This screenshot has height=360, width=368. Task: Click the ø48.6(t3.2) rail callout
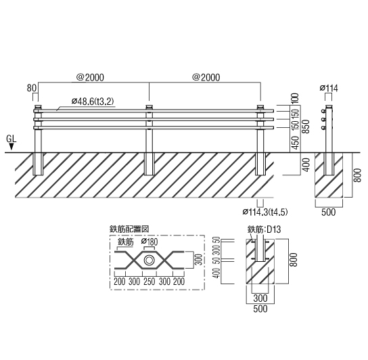coord(93,102)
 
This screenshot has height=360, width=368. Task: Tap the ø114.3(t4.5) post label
coord(265,212)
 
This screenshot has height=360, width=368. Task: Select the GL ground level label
coord(11,139)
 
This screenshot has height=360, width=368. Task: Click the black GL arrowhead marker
coord(11,147)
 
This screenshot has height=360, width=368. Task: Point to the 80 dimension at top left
coord(32,88)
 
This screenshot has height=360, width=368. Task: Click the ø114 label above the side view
coord(329,88)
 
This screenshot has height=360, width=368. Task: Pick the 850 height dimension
coord(306,127)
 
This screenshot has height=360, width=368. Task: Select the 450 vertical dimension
coord(296,143)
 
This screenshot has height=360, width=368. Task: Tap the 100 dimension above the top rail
coord(296,98)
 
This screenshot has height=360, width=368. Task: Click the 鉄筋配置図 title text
coord(129,229)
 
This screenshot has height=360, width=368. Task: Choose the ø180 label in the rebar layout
coord(149,242)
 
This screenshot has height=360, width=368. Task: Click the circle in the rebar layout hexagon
coord(149,261)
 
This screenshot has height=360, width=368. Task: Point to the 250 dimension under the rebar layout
coord(149,281)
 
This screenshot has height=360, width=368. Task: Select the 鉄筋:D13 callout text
coord(264,229)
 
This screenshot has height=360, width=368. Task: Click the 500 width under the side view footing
coord(328,212)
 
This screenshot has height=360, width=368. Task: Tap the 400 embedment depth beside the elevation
coord(306,165)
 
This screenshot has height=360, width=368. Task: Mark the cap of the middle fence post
coord(149,107)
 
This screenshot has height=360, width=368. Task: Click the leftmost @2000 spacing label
coord(90,77)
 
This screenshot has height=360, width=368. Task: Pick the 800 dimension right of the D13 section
coord(294,260)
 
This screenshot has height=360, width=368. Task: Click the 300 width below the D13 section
coord(260,298)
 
